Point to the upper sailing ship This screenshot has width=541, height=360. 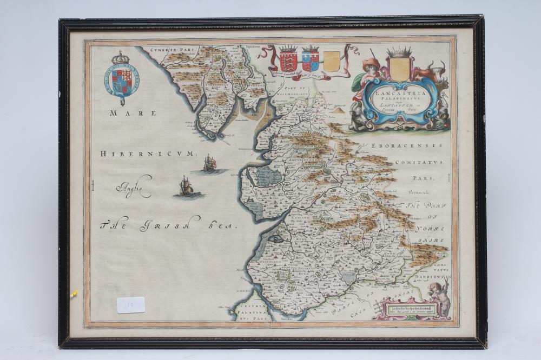pos(209,162)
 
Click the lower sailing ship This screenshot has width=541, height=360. pos(186,186)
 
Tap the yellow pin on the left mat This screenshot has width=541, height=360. pos(74,294)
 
